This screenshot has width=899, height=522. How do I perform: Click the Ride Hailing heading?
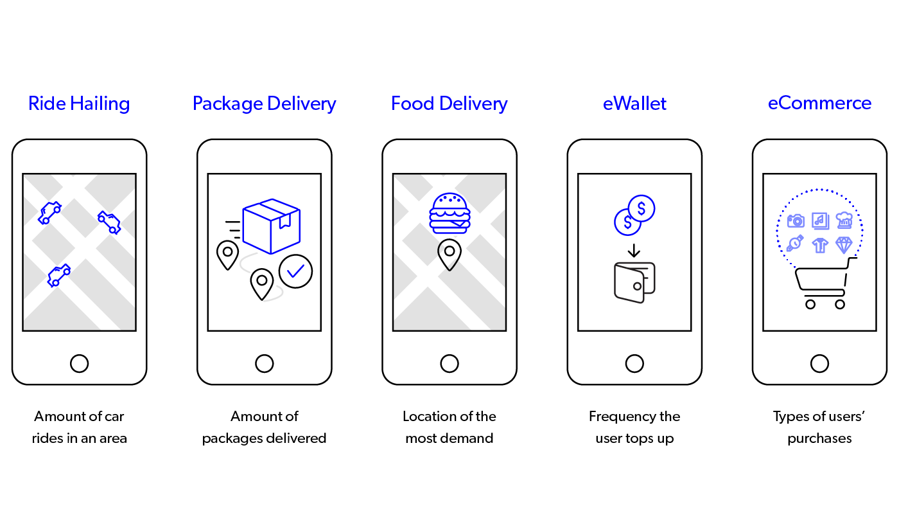pos(79,104)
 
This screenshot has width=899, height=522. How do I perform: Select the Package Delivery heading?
pos(264,104)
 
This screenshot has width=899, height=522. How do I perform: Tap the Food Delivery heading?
pos(449,104)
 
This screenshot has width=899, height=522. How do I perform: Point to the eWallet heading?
pos(634,104)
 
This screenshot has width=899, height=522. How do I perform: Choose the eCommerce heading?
pos(819,103)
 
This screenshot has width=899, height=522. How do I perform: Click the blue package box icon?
pos(271,226)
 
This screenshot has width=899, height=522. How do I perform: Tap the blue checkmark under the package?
pos(295,271)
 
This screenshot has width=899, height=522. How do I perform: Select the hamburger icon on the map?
pos(449,213)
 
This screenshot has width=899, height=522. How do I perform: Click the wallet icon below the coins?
pos(634,282)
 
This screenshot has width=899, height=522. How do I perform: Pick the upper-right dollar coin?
pos(642,208)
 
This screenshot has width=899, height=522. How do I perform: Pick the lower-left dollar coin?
pos(627,222)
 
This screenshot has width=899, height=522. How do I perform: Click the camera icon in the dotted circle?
pos(796,221)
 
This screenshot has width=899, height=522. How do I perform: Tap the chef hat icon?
pos(844,221)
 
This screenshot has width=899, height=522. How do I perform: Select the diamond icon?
pos(844,245)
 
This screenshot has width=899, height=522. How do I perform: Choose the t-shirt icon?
pos(820,245)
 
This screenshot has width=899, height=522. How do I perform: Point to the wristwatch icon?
pos(795,244)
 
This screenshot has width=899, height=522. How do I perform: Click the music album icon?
pos(820,221)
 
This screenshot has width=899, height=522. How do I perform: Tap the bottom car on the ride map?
pos(58,275)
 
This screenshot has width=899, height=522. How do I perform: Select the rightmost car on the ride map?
pos(109,222)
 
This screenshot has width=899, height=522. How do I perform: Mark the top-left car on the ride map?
pos(49,212)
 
